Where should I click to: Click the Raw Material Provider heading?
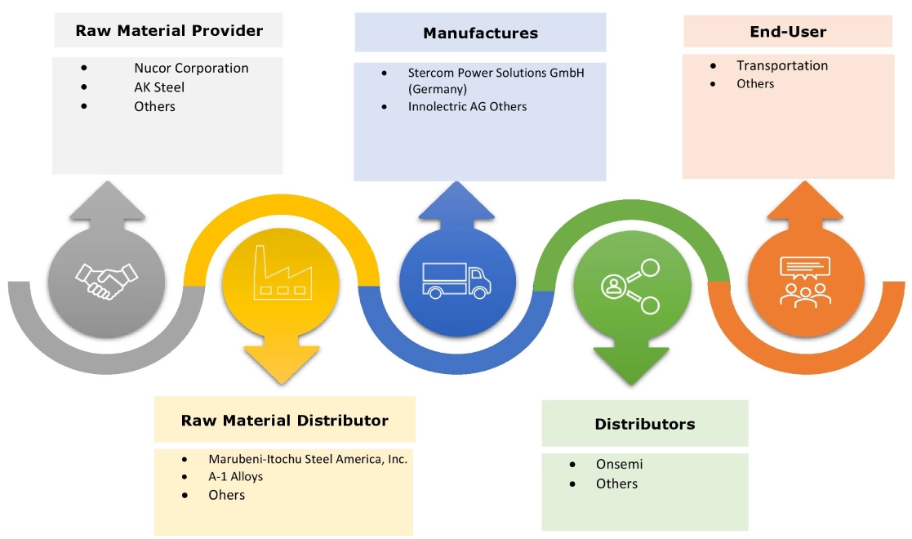(x=169, y=31)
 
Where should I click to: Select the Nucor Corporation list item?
(x=191, y=68)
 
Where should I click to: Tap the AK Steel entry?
(x=159, y=87)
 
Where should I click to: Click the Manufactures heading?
(x=480, y=33)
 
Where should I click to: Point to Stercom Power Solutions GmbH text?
(x=496, y=73)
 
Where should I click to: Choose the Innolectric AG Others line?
(x=467, y=106)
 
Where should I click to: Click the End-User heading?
(x=788, y=33)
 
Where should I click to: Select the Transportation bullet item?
(x=781, y=65)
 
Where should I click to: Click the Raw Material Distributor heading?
(x=284, y=421)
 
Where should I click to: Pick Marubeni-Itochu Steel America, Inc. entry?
(x=307, y=459)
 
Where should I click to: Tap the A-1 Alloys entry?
(x=235, y=476)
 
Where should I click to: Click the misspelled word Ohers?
(x=226, y=494)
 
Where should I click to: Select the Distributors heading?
(x=644, y=424)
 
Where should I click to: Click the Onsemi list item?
(x=619, y=464)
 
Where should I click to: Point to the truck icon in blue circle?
(x=458, y=279)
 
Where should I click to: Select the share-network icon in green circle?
(x=630, y=286)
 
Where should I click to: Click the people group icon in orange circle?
(x=804, y=281)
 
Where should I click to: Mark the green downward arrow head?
(x=628, y=364)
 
